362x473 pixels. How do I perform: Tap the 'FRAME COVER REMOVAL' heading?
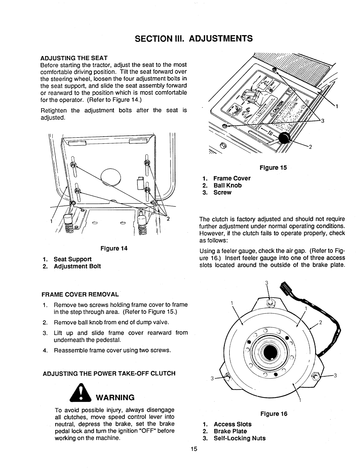pyautogui.click(x=80, y=294)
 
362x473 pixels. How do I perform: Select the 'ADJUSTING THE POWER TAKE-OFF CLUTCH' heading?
pyautogui.click(x=109, y=373)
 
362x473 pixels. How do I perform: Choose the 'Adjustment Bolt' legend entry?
pyautogui.click(x=78, y=266)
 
